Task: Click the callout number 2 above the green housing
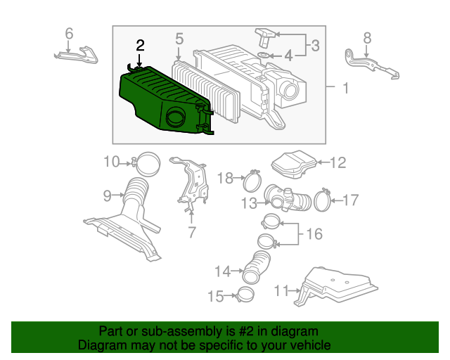[x=140, y=46]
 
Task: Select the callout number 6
[x=69, y=33]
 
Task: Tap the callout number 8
[x=367, y=37]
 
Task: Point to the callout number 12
[x=338, y=163]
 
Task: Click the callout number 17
[x=350, y=200]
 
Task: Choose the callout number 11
[x=282, y=289]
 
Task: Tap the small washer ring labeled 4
[x=262, y=55]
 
